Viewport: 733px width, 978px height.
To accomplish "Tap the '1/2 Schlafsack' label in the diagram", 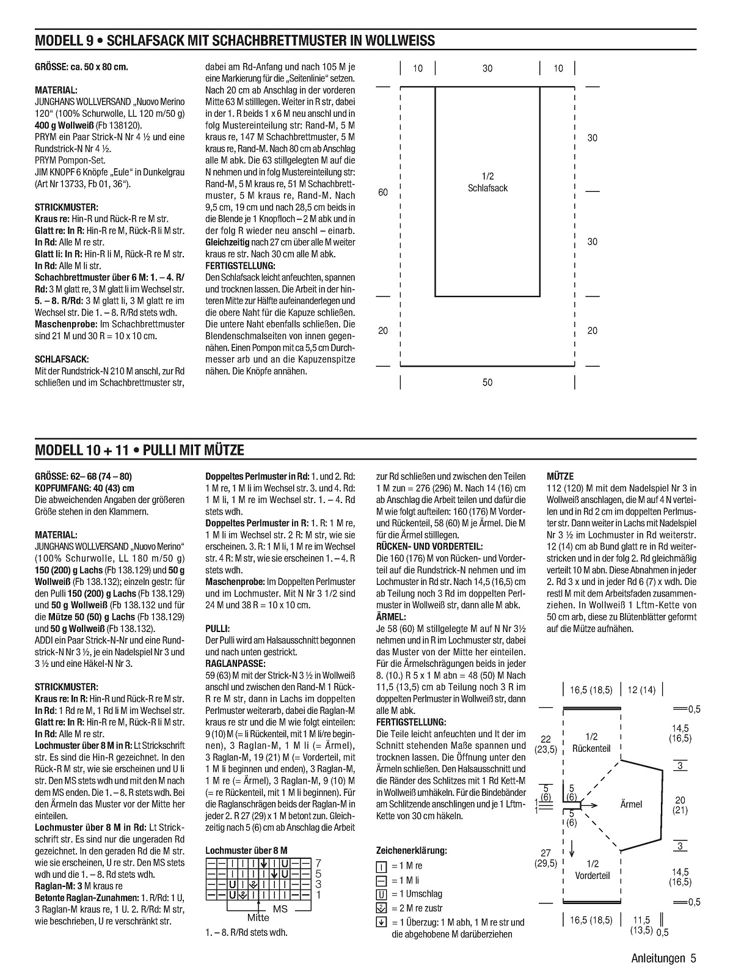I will pyautogui.click(x=487, y=182).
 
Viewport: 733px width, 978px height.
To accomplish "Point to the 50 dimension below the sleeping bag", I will pyautogui.click(x=487, y=383).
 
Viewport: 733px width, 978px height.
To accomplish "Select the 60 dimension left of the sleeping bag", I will pyautogui.click(x=383, y=193).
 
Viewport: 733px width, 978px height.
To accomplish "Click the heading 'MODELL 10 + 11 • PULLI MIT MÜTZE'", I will pyautogui.click(x=140, y=450).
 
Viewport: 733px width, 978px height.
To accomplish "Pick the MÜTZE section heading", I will pyautogui.click(x=560, y=476).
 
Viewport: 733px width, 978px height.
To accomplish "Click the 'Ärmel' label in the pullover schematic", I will pyautogui.click(x=631, y=804).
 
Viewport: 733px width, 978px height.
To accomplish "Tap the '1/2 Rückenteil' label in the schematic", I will pyautogui.click(x=592, y=743).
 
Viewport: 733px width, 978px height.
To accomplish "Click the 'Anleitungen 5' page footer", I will pyautogui.click(x=664, y=958).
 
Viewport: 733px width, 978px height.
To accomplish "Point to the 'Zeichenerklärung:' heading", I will pyautogui.click(x=411, y=850).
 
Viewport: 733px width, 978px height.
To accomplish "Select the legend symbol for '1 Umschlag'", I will pyautogui.click(x=382, y=894).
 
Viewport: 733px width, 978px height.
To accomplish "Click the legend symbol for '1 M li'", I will pyautogui.click(x=382, y=880).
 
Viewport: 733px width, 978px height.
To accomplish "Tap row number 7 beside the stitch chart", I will pyautogui.click(x=318, y=863).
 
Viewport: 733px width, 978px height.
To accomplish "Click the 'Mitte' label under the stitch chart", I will pyautogui.click(x=258, y=917).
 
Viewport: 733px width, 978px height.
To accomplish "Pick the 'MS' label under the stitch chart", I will pyautogui.click(x=280, y=909).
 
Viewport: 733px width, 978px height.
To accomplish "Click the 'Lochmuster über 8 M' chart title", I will pyautogui.click(x=246, y=850).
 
